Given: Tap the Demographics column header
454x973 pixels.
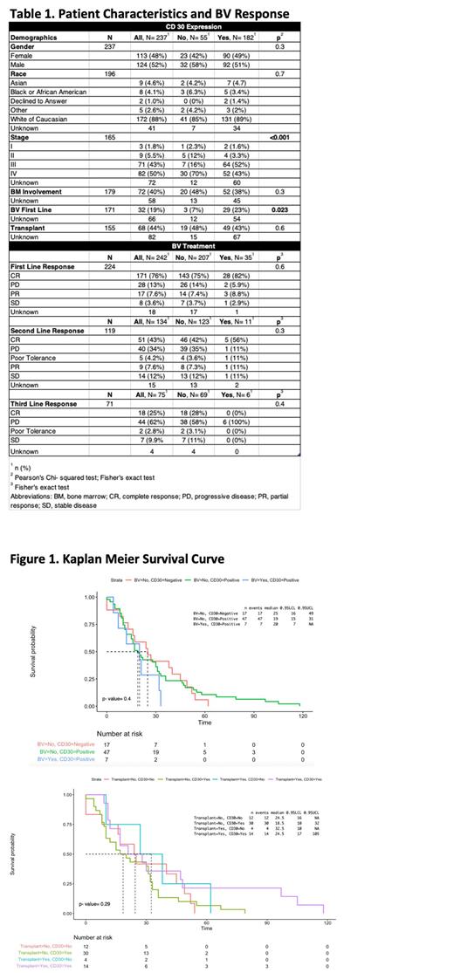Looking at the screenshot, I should (x=36, y=38).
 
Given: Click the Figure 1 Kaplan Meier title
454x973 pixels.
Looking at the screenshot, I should (x=117, y=558).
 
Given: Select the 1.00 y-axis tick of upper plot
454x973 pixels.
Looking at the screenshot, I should (x=91, y=598).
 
